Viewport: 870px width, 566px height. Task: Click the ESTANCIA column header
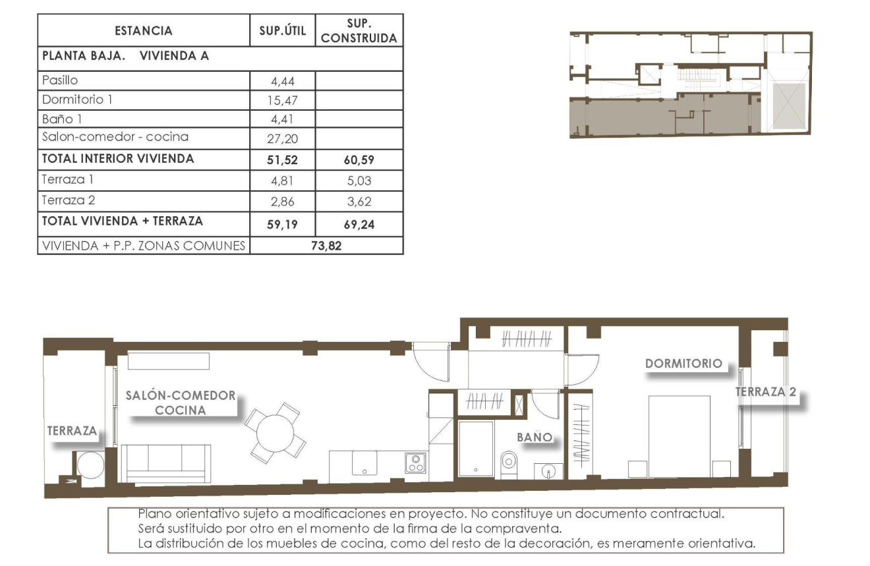143,31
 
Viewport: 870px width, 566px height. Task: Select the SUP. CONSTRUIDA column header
359,31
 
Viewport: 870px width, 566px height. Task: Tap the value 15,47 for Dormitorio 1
283,100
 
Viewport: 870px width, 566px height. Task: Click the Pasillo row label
60,80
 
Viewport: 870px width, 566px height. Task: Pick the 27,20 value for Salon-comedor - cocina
283,138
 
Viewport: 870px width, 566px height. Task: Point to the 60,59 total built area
359,159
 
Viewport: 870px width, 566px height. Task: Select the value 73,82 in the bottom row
326,246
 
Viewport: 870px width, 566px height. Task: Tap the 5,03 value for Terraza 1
359,180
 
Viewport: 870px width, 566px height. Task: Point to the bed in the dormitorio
679,435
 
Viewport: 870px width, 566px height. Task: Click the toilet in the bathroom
509,462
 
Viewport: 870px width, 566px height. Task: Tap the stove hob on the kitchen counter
415,463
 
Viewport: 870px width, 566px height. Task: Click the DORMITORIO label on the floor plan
683,363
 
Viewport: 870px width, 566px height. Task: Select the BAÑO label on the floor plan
533,437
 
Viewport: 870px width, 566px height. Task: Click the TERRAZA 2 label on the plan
766,392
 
